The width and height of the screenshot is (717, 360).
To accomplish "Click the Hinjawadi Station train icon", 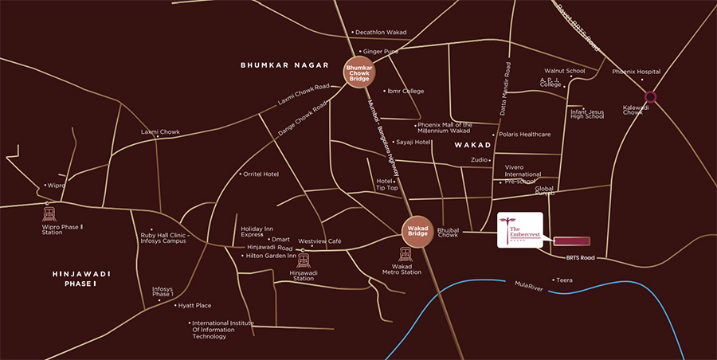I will [x=303, y=261].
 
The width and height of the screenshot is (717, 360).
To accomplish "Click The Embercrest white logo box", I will [x=519, y=230].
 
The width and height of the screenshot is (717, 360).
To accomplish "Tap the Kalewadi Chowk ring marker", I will [x=651, y=97].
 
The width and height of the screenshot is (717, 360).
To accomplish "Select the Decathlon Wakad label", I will [x=381, y=33].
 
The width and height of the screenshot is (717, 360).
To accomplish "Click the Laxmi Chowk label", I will [x=160, y=131].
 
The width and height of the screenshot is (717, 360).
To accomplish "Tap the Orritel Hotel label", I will [x=261, y=174].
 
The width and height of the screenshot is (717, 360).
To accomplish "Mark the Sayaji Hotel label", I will [x=413, y=142].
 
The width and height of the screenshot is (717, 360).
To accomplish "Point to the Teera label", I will [x=565, y=280].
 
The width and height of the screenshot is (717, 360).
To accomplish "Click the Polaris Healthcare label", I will [x=524, y=135].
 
